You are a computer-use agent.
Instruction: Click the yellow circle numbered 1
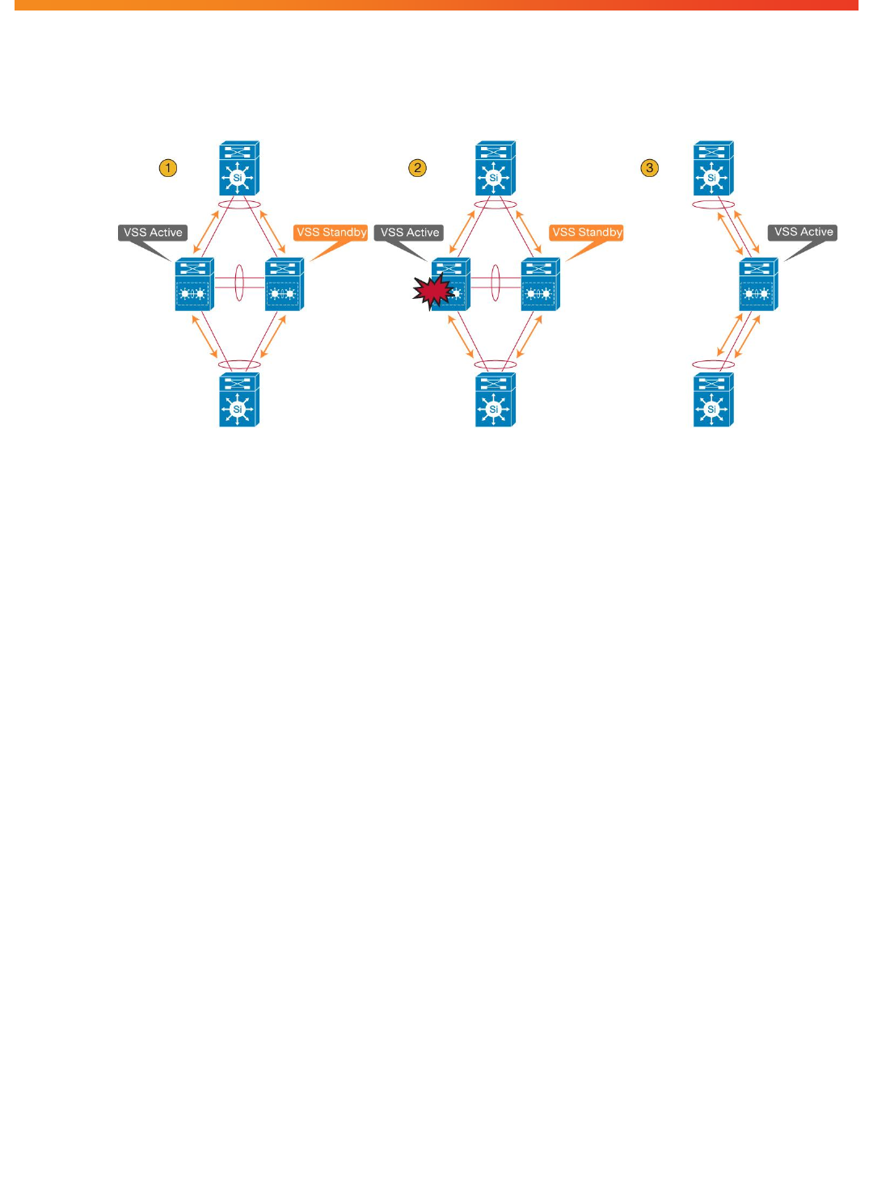[168, 168]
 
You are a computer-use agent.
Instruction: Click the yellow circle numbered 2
[417, 168]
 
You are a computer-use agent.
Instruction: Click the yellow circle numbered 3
[650, 168]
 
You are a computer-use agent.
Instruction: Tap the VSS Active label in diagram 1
[153, 233]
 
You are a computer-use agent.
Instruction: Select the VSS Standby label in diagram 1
[331, 233]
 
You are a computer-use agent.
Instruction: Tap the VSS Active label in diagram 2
[410, 233]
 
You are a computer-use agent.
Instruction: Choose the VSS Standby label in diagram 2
[587, 233]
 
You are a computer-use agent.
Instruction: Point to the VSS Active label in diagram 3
[803, 233]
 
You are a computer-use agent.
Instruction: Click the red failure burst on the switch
[432, 292]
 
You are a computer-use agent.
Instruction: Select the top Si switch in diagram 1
[238, 169]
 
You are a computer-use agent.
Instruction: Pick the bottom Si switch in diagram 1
[238, 400]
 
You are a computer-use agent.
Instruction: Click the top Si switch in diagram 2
[495, 169]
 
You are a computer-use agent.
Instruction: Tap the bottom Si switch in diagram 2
[495, 400]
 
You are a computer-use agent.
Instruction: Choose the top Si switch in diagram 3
[713, 169]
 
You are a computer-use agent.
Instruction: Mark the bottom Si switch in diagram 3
[713, 400]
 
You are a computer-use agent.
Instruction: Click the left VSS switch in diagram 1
[194, 284]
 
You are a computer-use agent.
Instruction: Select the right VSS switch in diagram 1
[285, 284]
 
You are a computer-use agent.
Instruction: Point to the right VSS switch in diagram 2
[541, 284]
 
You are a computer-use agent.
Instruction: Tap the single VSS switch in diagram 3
[758, 284]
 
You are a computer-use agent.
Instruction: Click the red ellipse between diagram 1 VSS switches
[239, 283]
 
